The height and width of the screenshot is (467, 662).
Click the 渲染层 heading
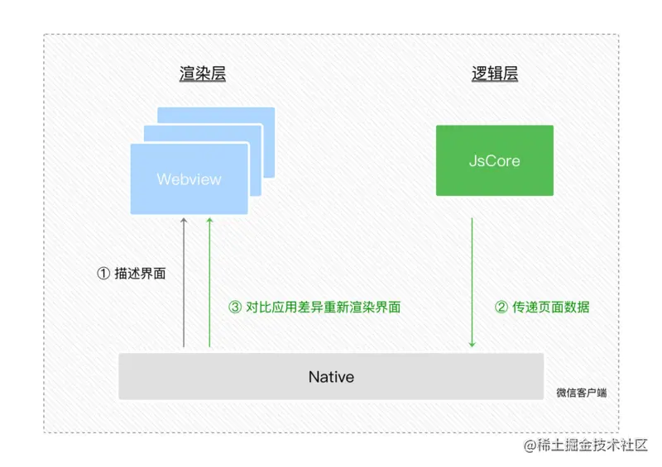pos(203,74)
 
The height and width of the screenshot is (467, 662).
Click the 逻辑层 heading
pos(495,74)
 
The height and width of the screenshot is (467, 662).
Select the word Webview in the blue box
pos(189,179)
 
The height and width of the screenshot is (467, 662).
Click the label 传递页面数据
pos(551,307)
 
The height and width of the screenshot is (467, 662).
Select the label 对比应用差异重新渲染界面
pos(324,307)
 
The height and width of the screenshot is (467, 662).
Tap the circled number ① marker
pos(103,273)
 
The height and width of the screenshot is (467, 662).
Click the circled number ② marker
pos(501,307)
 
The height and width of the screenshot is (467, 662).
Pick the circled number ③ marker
pos(235,307)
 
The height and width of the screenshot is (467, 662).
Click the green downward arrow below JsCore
pos(472,281)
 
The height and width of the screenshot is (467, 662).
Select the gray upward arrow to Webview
pos(184,281)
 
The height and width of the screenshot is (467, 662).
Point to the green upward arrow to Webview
pos(209,281)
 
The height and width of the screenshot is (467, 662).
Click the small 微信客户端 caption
pos(581,393)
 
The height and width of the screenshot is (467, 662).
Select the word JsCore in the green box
pos(495,160)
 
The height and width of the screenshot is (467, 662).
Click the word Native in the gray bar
pos(331,377)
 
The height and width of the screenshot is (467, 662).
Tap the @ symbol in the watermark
pos(530,446)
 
